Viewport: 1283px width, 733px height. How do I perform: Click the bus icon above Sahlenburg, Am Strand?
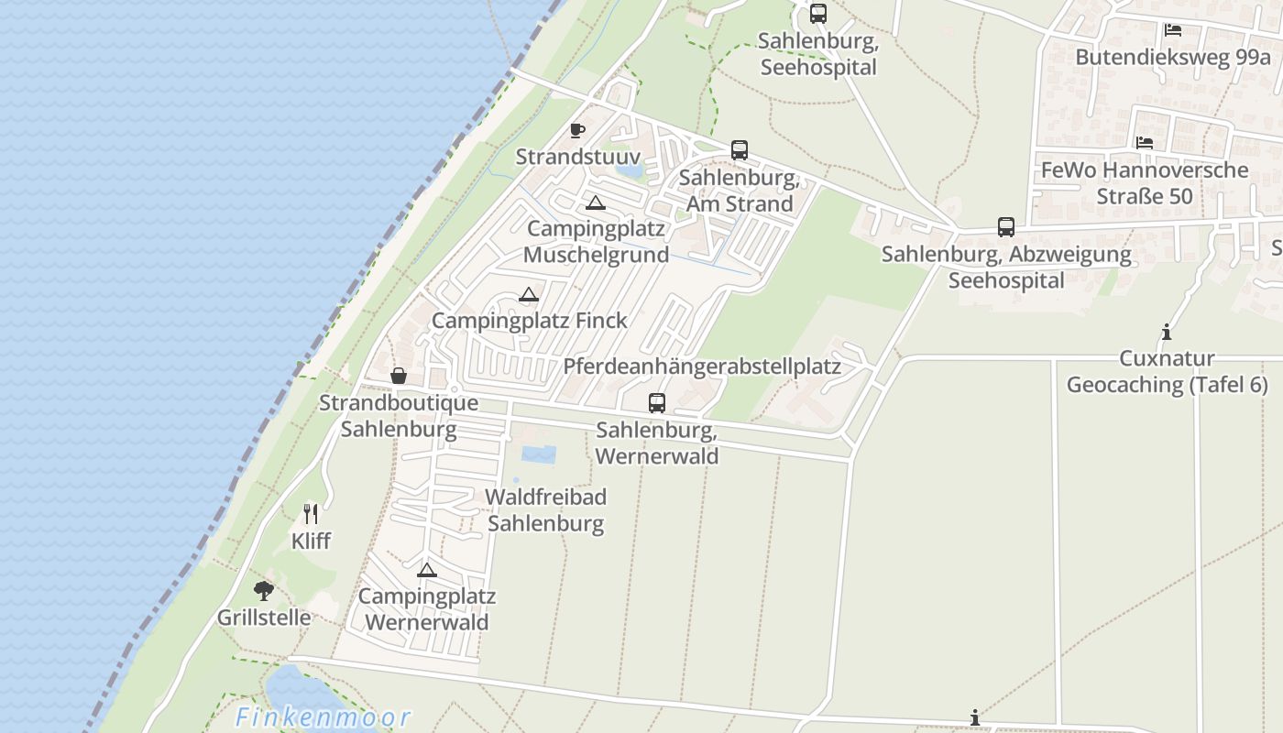pyautogui.click(x=740, y=150)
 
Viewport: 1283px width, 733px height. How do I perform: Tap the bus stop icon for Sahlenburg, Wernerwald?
pyautogui.click(x=657, y=402)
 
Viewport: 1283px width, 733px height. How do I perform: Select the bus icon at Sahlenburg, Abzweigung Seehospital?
pyautogui.click(x=1006, y=227)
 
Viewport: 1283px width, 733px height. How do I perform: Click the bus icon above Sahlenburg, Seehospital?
pyautogui.click(x=818, y=14)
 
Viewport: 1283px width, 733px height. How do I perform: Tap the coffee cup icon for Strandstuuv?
pyautogui.click(x=576, y=131)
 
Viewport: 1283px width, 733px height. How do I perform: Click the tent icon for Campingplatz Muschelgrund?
pyautogui.click(x=596, y=202)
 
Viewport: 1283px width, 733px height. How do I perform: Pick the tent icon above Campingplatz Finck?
pyautogui.click(x=528, y=295)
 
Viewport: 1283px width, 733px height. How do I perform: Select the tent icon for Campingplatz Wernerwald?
pyautogui.click(x=426, y=570)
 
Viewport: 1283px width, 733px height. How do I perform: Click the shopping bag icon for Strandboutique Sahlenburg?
pyautogui.click(x=399, y=376)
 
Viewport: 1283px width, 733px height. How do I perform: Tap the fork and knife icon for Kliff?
pyautogui.click(x=311, y=514)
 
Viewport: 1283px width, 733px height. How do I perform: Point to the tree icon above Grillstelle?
pyautogui.click(x=264, y=591)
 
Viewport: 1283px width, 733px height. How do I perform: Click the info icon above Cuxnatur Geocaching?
pyautogui.click(x=1167, y=332)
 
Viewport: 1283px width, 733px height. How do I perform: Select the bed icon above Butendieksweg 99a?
pyautogui.click(x=1172, y=30)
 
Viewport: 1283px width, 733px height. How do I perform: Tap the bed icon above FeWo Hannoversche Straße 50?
pyautogui.click(x=1145, y=143)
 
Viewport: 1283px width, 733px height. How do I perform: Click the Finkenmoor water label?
pyautogui.click(x=323, y=717)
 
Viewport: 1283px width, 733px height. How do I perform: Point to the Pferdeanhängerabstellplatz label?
pyautogui.click(x=702, y=366)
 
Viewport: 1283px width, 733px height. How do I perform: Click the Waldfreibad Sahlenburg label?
pyautogui.click(x=545, y=510)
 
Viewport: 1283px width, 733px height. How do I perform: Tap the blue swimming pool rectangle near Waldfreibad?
pyautogui.click(x=538, y=454)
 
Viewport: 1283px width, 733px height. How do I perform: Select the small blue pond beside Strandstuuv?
pyautogui.click(x=630, y=170)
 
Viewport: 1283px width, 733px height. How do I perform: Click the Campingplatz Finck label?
pyautogui.click(x=530, y=321)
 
